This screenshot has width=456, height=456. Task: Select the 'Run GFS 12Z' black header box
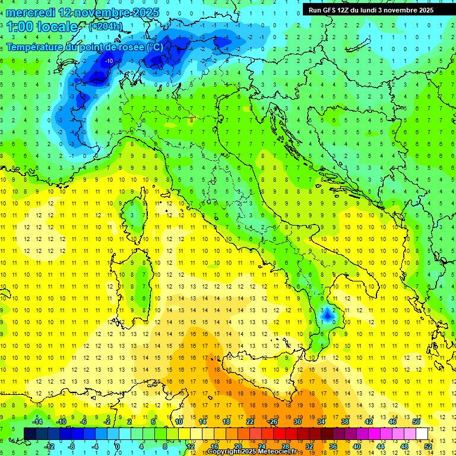pos(371,9)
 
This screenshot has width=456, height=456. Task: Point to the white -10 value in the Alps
pos(110,61)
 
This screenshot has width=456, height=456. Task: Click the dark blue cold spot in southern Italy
pos(327,315)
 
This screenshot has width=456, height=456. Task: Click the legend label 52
pos(428,446)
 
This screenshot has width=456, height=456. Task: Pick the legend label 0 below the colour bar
pos(118,446)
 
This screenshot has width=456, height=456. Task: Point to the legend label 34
pos(321,422)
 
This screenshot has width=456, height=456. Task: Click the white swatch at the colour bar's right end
pos(422,434)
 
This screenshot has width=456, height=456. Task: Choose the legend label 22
pos(250,422)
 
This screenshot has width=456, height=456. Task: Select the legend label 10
pos(179,422)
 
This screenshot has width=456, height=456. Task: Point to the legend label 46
pos(392,422)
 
